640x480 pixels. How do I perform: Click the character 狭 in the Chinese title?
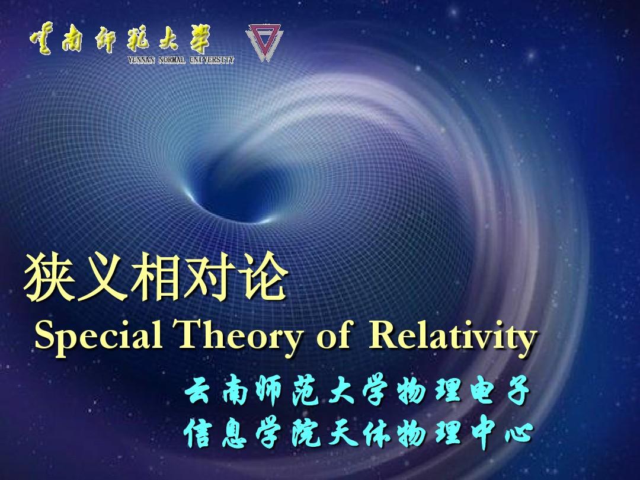pyautogui.click(x=49, y=277)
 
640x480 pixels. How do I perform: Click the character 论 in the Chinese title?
pyautogui.click(x=262, y=277)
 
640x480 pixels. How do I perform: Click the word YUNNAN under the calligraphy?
pyautogui.click(x=142, y=60)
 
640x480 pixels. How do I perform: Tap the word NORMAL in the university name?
pyautogui.click(x=172, y=60)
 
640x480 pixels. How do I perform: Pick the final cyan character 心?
pyautogui.click(x=519, y=433)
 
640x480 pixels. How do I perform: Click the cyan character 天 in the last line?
pyautogui.click(x=341, y=433)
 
